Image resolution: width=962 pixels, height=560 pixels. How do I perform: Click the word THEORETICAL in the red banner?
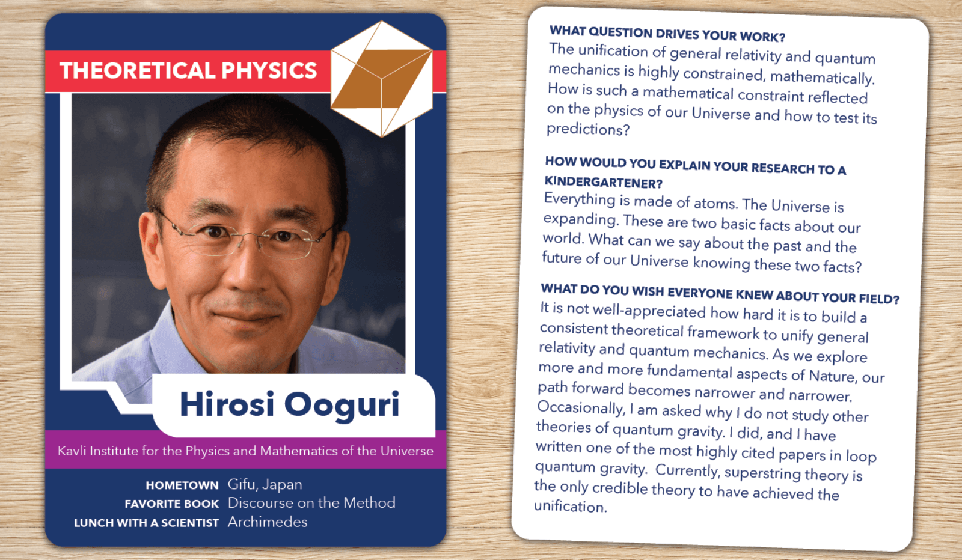click(136, 70)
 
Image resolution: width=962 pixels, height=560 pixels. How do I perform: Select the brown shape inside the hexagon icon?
click(382, 79)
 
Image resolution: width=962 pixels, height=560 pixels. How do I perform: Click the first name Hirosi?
click(227, 404)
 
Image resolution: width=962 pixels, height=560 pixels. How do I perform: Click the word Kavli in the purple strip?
click(72, 451)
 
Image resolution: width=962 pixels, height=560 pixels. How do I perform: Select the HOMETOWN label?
click(182, 485)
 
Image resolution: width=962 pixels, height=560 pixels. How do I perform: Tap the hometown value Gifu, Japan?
click(265, 484)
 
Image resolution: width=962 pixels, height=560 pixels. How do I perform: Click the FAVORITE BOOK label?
click(172, 504)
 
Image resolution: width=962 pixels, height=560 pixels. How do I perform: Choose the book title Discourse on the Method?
click(311, 502)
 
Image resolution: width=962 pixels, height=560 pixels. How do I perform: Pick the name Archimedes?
click(268, 522)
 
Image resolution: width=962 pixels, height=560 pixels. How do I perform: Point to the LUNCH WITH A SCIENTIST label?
click(147, 523)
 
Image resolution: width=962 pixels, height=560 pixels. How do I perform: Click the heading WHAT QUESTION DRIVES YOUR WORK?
click(667, 34)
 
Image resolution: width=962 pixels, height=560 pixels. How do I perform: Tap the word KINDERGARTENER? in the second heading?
click(604, 183)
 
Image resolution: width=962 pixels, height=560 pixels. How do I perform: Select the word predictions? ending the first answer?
click(588, 129)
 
